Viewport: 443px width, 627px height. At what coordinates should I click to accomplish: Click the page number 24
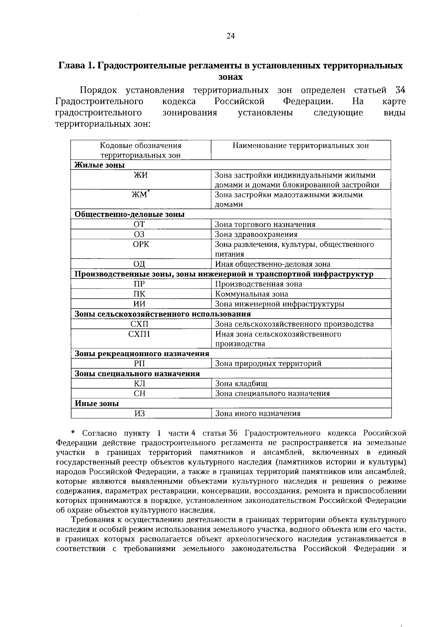click(x=230, y=36)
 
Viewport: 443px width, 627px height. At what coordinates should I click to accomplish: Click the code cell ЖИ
click(x=140, y=175)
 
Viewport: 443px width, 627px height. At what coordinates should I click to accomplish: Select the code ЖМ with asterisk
click(x=140, y=195)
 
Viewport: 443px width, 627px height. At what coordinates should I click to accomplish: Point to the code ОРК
click(x=141, y=244)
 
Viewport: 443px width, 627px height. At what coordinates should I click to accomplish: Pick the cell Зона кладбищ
click(x=241, y=384)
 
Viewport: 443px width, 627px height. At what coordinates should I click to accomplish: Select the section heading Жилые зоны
click(x=100, y=165)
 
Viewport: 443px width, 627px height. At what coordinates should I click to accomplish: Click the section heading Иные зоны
click(x=97, y=403)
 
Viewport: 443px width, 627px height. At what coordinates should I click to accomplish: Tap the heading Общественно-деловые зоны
click(x=130, y=215)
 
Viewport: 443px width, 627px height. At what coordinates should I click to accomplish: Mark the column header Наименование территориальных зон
click(x=301, y=146)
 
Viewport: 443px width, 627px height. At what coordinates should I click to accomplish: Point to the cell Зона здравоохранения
click(x=256, y=234)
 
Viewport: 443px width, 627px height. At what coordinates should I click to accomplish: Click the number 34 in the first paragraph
click(x=400, y=90)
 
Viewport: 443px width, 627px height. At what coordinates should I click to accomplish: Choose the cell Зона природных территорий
click(x=268, y=364)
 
